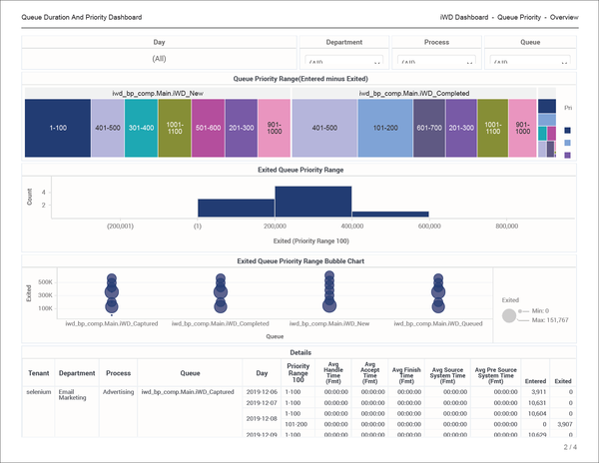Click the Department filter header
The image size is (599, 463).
[x=343, y=43]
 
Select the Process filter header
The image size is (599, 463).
[x=437, y=43]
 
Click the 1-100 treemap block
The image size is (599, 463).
[x=58, y=128]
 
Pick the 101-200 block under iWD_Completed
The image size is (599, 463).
[x=385, y=128]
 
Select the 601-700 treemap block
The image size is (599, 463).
[x=428, y=128]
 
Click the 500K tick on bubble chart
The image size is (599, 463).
[x=45, y=281]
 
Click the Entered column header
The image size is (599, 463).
[x=535, y=380]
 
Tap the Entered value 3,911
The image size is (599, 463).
[x=536, y=392]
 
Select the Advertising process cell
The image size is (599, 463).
[x=119, y=392]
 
